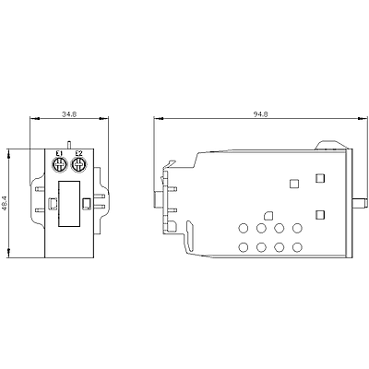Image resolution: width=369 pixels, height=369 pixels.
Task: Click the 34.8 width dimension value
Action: (x=69, y=114)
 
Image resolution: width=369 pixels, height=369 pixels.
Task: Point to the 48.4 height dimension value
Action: (x=5, y=203)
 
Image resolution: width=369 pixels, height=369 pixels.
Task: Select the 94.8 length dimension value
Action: (x=261, y=114)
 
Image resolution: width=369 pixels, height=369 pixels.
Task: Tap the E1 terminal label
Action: (x=59, y=153)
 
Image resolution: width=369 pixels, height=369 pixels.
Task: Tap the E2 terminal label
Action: (x=78, y=153)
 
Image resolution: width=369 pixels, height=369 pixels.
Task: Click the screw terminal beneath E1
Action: (x=59, y=165)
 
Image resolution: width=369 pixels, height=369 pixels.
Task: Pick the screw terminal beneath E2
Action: (x=78, y=165)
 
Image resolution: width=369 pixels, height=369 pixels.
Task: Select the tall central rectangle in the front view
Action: (x=69, y=204)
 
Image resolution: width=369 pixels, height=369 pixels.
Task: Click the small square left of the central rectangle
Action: (x=53, y=203)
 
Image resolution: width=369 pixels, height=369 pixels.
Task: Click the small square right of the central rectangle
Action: (x=87, y=203)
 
